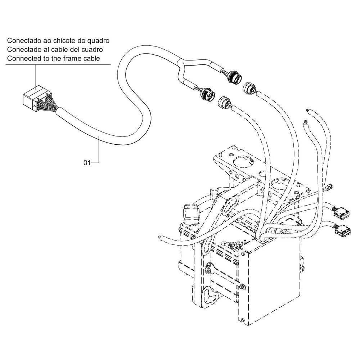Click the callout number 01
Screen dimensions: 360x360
(x=87, y=163)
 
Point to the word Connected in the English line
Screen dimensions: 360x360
(x=24, y=59)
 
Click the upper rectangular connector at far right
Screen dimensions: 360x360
(x=342, y=211)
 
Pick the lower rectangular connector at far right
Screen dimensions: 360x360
(x=343, y=230)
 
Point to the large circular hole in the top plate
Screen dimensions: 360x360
(x=243, y=163)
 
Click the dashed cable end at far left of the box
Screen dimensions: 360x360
(x=160, y=237)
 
